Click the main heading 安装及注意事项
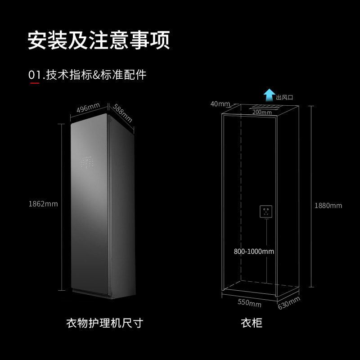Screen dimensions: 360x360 (x=99, y=40)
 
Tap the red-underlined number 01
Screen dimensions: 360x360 (x=35, y=75)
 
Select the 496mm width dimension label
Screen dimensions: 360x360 (x=88, y=108)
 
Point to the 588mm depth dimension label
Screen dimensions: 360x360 (x=122, y=113)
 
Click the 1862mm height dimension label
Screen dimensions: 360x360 (x=43, y=203)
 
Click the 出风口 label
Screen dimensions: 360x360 (x=284, y=97)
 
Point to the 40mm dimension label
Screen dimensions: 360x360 (x=220, y=104)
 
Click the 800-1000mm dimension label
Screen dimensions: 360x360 (x=254, y=252)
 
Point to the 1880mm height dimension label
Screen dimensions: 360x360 (x=328, y=206)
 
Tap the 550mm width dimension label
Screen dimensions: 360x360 (x=249, y=303)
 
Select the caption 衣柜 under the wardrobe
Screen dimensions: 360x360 (x=251, y=323)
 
